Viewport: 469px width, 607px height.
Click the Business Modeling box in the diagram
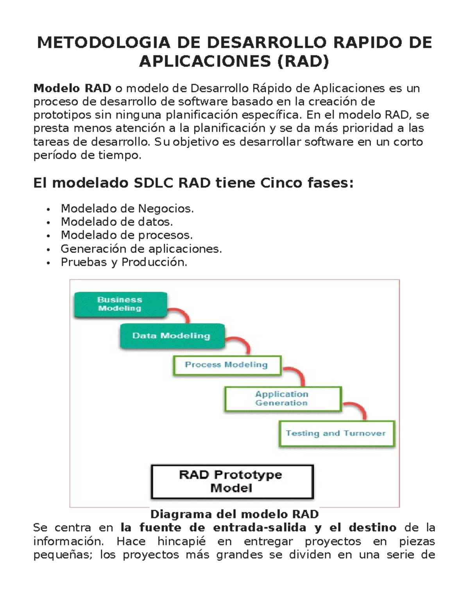pos(120,304)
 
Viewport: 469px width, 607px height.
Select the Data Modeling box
pos(172,336)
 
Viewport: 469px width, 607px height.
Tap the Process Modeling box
pos(227,365)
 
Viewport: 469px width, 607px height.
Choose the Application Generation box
pos(283,399)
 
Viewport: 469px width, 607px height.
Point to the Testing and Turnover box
pos(336,433)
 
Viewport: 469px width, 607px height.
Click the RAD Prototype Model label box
pos(232,482)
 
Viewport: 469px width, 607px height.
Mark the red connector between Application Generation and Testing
pos(356,408)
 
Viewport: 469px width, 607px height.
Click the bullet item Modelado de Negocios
pos(127,209)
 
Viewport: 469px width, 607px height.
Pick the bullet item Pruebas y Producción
pos(124,262)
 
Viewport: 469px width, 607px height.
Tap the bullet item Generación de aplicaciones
pos(141,249)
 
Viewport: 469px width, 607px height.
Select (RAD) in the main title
pos(303,61)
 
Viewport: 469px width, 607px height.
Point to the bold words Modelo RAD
pos(72,88)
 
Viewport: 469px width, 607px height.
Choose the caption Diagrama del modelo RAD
pos(234,514)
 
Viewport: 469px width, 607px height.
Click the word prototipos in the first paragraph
pos(62,115)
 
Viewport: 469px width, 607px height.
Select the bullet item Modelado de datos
pos(116,222)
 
